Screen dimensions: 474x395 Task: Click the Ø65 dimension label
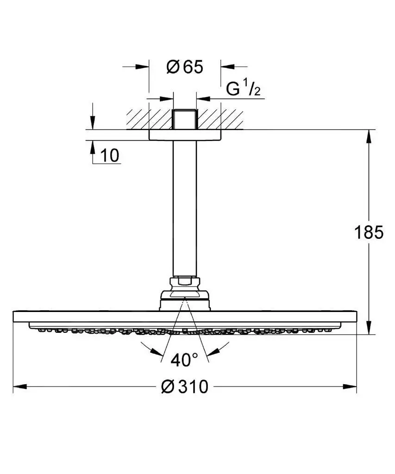pos(184,67)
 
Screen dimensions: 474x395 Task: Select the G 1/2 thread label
pos(243,89)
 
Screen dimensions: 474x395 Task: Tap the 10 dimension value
pos(110,156)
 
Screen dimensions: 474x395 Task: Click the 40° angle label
pos(184,359)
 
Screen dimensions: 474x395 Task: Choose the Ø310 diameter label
pos(184,386)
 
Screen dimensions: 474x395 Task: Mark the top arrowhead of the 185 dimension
pos(369,136)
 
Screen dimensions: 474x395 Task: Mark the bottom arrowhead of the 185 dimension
pos(369,327)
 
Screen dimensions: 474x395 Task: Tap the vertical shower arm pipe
pos(184,208)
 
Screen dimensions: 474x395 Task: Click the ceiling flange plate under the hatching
pos(184,135)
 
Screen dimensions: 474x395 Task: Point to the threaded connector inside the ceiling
pos(184,119)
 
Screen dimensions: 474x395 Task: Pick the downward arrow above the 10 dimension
pos(93,123)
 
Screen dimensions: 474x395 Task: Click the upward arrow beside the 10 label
pos(93,147)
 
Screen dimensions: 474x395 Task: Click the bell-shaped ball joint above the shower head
pos(184,299)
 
